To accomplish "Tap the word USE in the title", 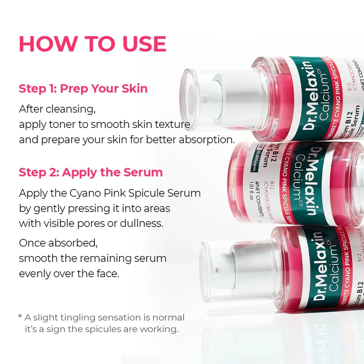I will click(145, 44).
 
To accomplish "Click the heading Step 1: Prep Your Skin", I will click(83, 89).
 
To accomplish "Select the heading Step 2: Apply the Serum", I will click(91, 172).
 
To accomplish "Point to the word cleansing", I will click(70, 109).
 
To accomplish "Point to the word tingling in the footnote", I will click(78, 318).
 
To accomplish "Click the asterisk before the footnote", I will click(20, 317).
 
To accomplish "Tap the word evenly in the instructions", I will click(35, 274).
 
